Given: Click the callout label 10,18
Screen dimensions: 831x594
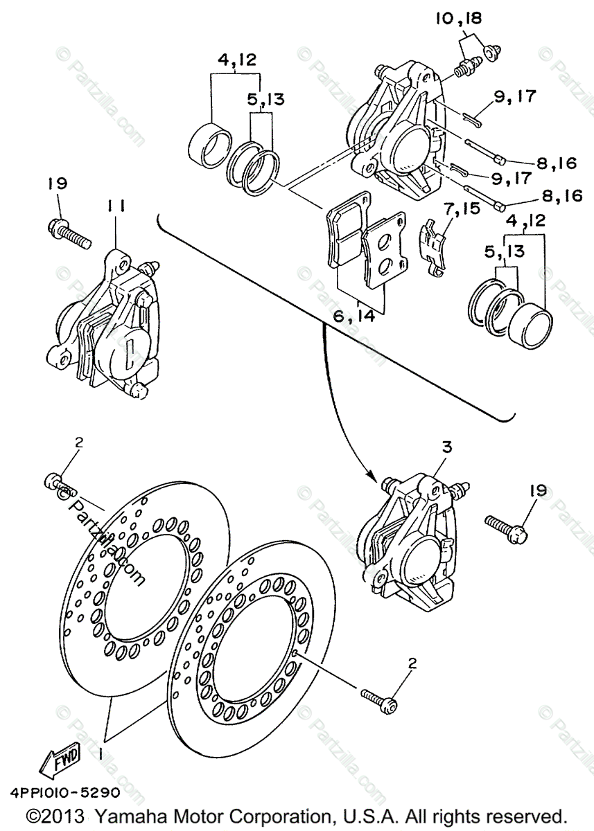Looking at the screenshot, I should pyautogui.click(x=458, y=19).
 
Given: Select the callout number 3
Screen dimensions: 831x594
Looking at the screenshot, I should pyautogui.click(x=447, y=448).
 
